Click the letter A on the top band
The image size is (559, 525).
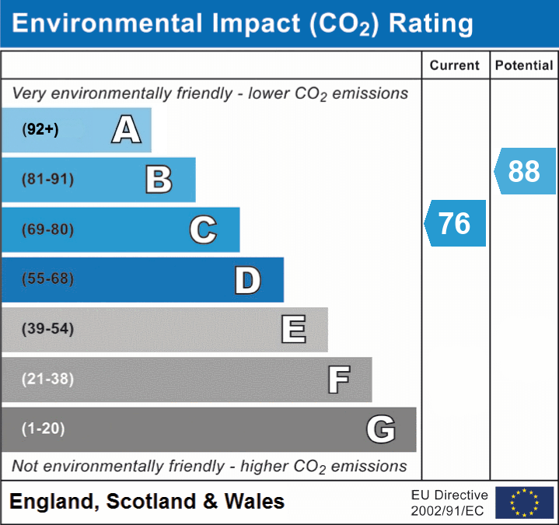126,130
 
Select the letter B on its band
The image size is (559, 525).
159,180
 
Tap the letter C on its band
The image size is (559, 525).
203,229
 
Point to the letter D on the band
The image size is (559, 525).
247,280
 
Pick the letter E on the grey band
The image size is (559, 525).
293,330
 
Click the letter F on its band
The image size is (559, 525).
338,380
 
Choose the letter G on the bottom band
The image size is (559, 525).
381,429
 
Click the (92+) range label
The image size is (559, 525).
40,130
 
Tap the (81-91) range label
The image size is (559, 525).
47,180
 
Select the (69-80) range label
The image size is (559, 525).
47,229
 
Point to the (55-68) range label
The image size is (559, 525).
47,279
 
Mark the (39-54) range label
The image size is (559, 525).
47,329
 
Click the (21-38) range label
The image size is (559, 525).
47,379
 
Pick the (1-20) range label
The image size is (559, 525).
44,429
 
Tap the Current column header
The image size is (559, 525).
455,66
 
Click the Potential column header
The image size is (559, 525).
524,66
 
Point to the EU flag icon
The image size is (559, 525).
525,502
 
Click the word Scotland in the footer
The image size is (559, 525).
151,502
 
